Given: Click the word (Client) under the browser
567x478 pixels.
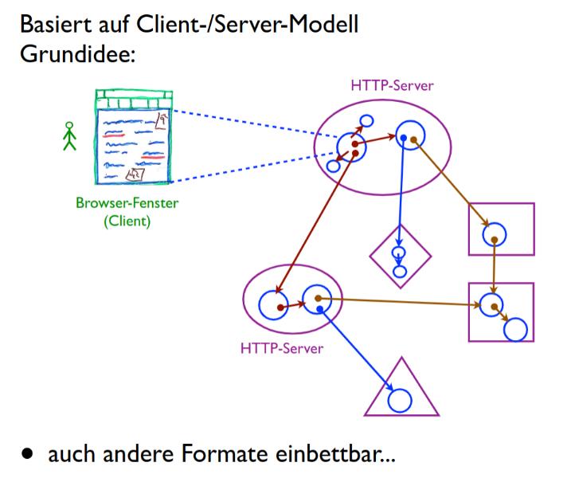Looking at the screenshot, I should tap(127, 221).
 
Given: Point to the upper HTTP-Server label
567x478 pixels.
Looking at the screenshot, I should tap(393, 86).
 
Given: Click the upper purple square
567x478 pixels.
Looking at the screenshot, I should tap(500, 229).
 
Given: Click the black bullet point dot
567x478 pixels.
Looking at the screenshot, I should tap(29, 456).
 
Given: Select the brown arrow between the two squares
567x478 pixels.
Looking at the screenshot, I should tap(495, 268).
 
